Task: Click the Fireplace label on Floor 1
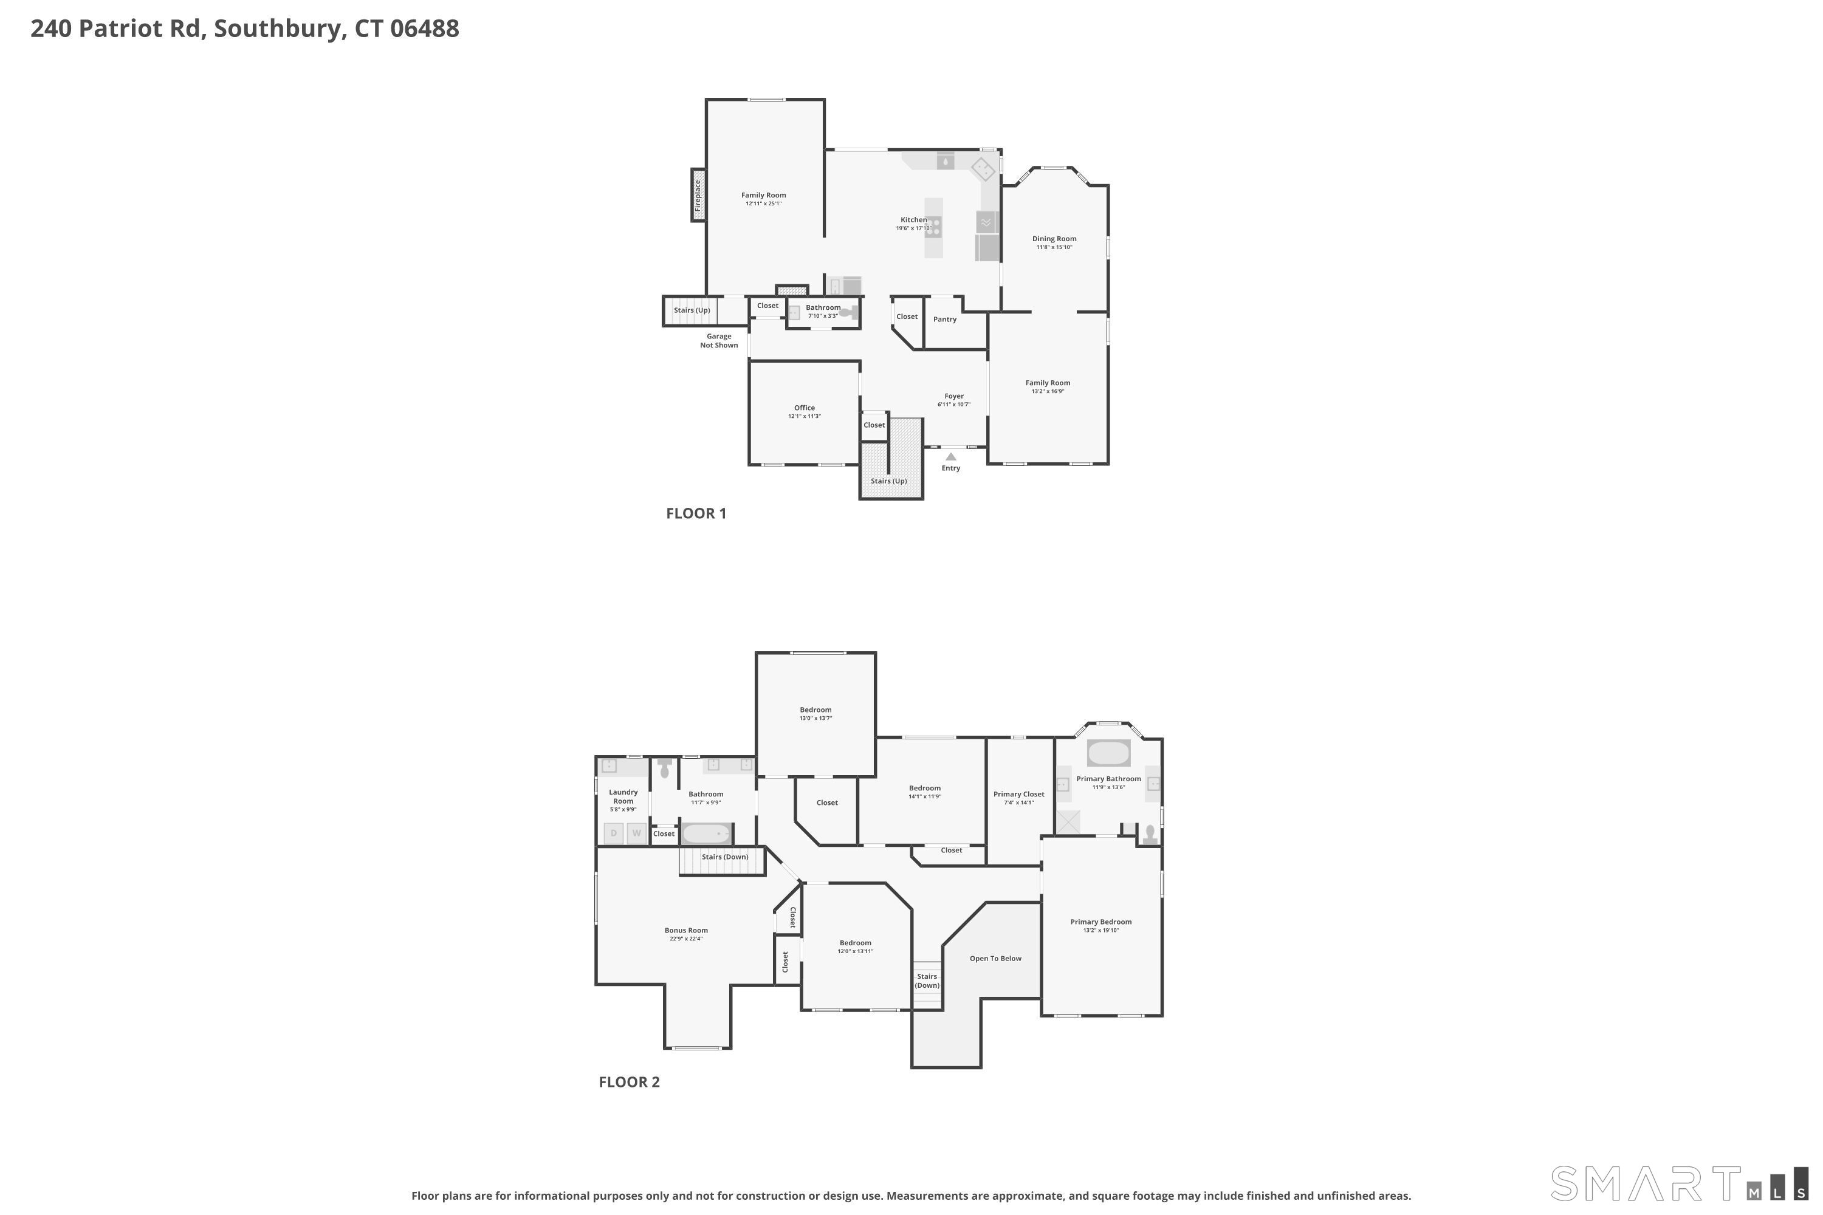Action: pos(698,195)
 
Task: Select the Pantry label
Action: pos(945,320)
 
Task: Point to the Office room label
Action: pos(805,408)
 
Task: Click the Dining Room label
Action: pos(1054,239)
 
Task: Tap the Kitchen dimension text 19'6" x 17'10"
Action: pos(914,228)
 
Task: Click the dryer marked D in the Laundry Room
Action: pos(614,833)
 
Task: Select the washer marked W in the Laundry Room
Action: pos(637,833)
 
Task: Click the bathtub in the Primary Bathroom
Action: pos(1108,753)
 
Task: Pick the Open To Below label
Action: pos(995,959)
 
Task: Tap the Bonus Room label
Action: pos(686,931)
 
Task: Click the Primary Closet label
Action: pos(1019,794)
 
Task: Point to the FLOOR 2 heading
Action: pos(630,1082)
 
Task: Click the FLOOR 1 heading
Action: pos(696,513)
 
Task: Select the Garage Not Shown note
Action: pos(719,341)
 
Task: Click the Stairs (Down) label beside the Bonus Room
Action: pos(726,857)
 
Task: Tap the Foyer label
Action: pos(954,396)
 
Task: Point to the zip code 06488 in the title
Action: pos(425,29)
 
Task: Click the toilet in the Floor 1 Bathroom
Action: pos(850,312)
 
